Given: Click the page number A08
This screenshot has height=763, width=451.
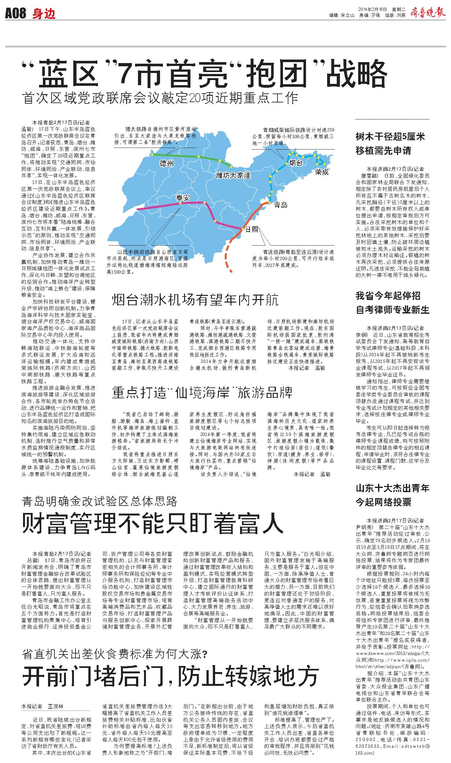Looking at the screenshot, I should coord(15,14).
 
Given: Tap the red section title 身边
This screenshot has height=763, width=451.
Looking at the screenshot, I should coord(44,14).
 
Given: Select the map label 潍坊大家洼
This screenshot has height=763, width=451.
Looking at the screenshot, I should coord(233,175).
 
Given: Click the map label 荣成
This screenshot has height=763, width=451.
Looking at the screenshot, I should coord(321,172).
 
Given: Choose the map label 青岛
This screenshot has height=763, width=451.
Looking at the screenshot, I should coord(280,205).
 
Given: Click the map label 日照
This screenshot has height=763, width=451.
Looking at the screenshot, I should coord(252,230).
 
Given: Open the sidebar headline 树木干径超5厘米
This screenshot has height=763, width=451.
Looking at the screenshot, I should coord(390,137).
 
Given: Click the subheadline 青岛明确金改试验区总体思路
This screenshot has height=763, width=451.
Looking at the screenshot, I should coord(99,501).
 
